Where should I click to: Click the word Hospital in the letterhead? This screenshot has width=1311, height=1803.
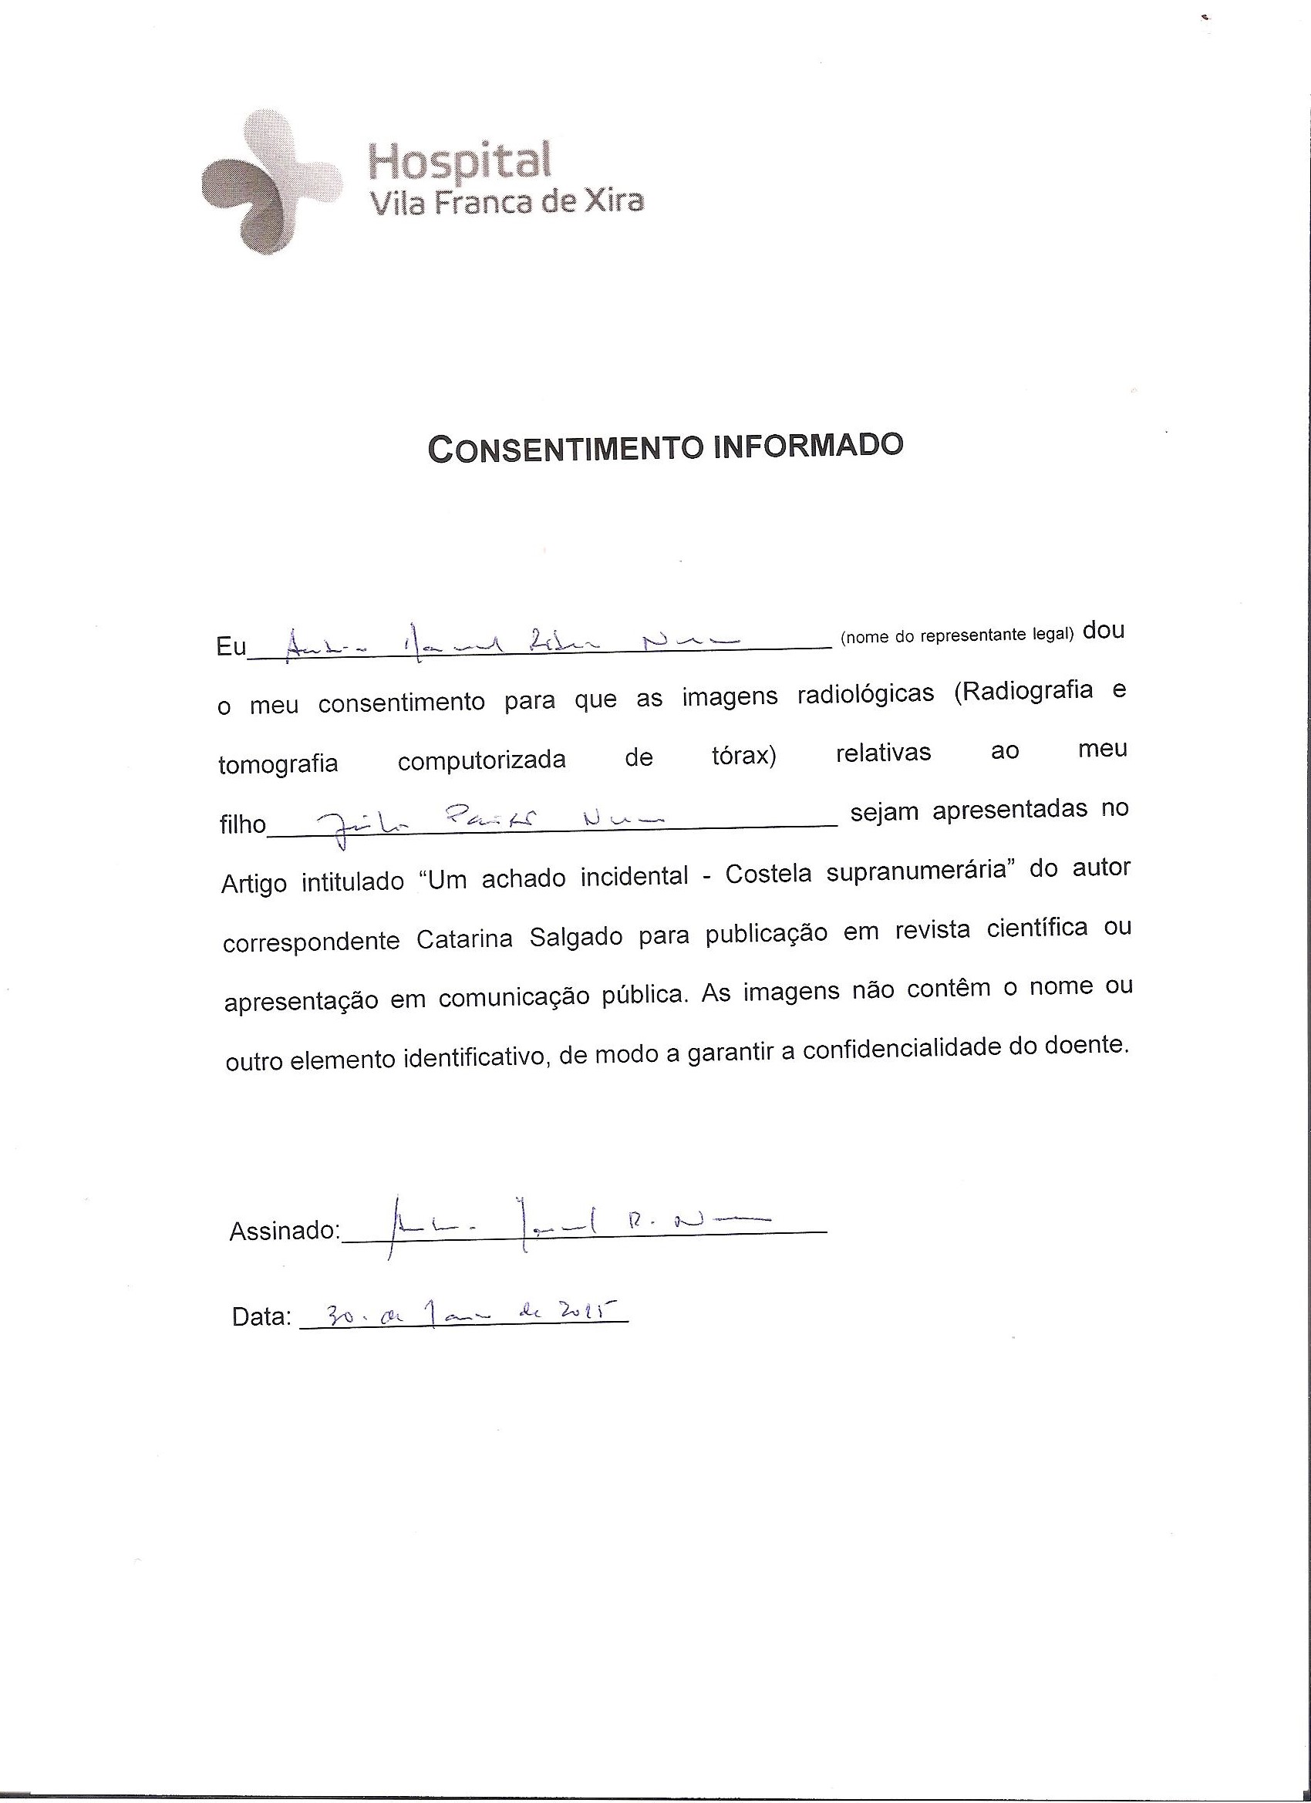(460, 160)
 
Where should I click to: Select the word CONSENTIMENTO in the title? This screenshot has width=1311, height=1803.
(567, 449)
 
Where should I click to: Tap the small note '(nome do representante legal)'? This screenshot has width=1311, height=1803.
(956, 635)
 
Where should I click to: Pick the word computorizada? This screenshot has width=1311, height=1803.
(482, 760)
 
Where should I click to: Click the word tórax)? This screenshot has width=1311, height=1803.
(743, 755)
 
